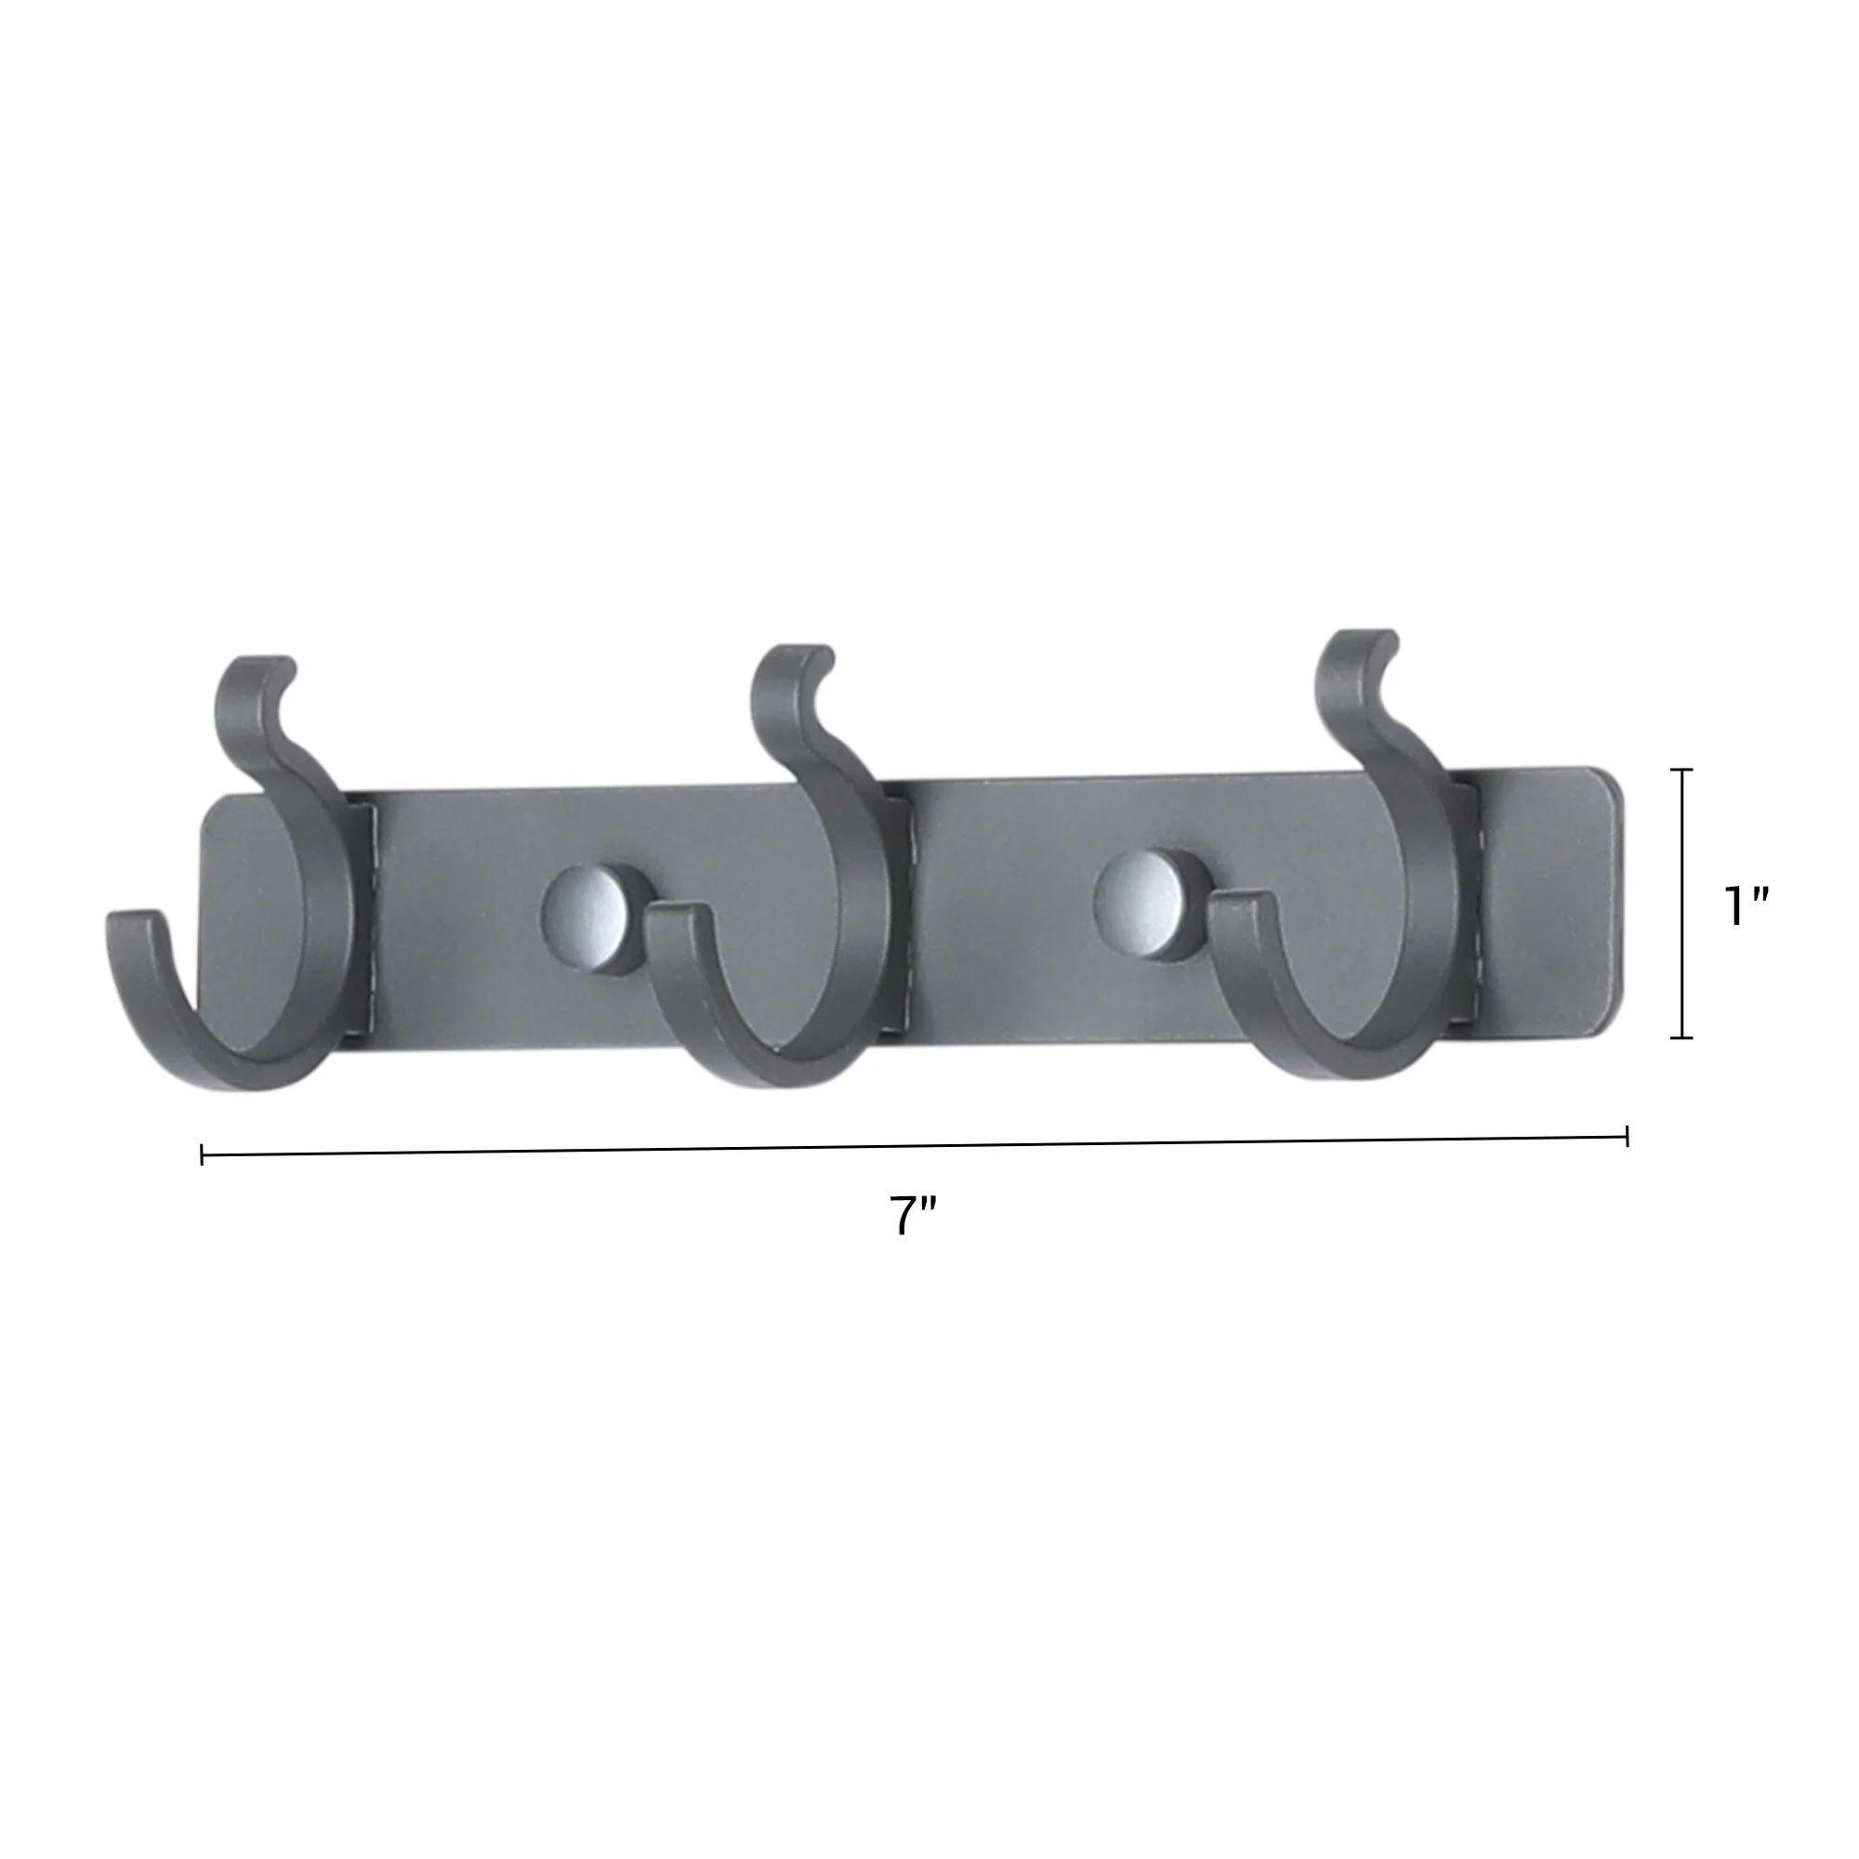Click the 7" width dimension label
911,1216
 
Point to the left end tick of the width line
202,1154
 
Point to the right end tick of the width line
1626,1137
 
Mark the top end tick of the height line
1681,771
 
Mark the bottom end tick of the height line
1681,1037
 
